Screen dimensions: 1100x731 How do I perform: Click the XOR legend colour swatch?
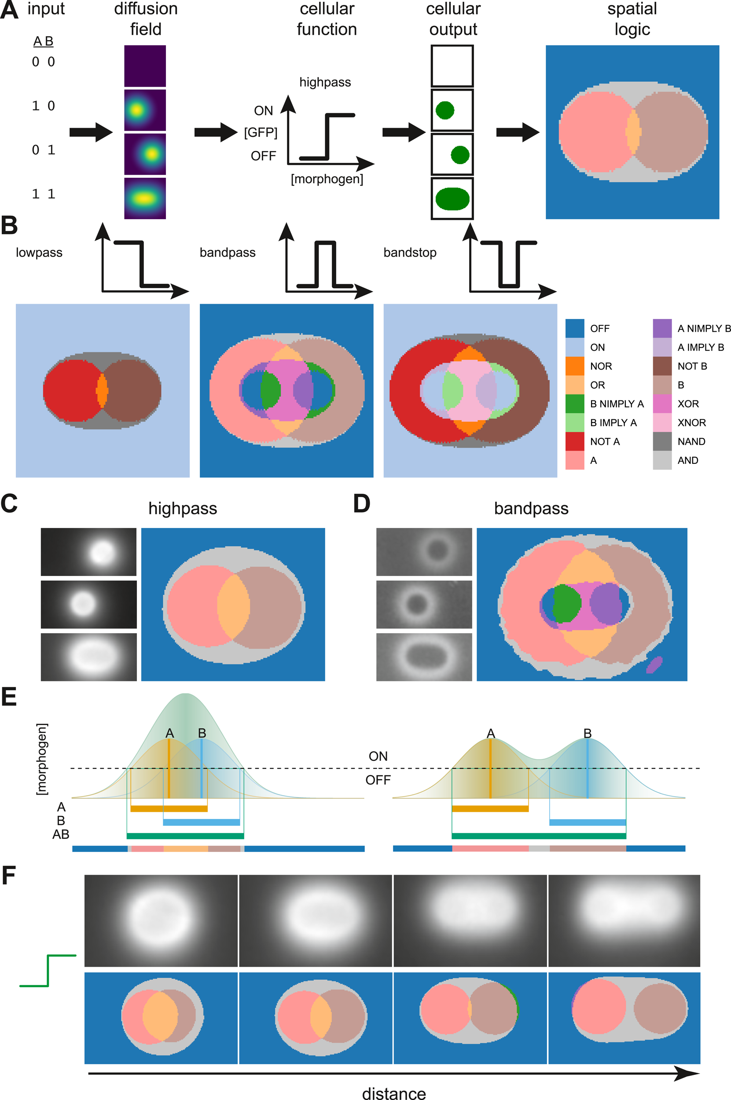pos(662,403)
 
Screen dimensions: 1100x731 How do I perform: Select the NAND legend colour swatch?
pos(662,441)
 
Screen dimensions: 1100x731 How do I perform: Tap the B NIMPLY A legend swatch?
pos(575,403)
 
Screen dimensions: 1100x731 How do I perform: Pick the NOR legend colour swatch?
pos(575,367)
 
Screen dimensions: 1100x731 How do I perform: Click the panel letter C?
pos(9,504)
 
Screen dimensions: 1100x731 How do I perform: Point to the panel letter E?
pos(9,697)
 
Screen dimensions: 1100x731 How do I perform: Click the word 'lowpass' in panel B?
pos(39,253)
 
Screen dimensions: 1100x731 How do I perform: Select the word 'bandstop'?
pos(410,253)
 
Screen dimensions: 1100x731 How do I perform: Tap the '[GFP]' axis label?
pos(261,133)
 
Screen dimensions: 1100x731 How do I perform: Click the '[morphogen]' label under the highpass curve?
pos(327,179)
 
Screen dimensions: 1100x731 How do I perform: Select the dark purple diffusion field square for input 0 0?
pos(145,66)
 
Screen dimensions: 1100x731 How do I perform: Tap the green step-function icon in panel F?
pos(48,971)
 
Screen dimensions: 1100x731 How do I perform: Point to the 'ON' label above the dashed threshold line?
pos(378,756)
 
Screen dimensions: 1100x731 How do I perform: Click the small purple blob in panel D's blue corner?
pos(654,664)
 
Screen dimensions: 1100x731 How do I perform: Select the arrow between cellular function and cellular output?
pos(404,132)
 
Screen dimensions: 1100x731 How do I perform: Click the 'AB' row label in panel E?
pos(61,834)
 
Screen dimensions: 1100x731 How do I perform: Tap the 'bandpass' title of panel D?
pos(531,509)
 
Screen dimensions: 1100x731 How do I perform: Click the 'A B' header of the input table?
pos(44,41)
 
